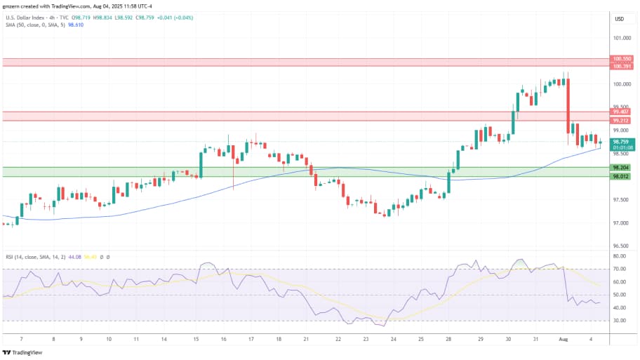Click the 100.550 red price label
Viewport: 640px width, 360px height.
[x=622, y=59]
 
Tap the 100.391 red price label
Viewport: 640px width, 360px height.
[x=622, y=66]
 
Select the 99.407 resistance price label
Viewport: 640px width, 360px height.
[x=621, y=112]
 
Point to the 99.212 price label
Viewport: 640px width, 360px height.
[x=621, y=121]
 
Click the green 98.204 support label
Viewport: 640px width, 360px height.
[x=621, y=168]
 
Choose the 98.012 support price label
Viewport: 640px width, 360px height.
[x=621, y=176]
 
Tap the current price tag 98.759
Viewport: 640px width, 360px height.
[x=622, y=142]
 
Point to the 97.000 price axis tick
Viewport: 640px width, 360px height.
[x=621, y=223]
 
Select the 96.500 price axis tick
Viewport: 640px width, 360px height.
[x=621, y=246]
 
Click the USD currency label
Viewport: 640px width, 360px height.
[x=620, y=19]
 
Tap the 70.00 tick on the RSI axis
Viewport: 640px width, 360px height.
[x=619, y=268]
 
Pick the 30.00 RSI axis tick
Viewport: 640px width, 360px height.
[x=619, y=321]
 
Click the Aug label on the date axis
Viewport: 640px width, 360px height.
[x=562, y=338]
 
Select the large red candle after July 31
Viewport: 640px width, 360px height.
[x=568, y=105]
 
